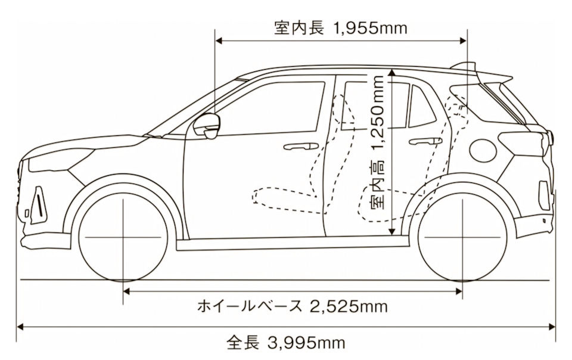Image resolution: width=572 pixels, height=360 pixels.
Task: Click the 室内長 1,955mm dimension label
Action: point(341,28)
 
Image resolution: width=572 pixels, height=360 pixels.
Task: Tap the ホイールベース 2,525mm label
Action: point(292,306)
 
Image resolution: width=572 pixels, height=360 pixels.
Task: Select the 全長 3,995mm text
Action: point(285,343)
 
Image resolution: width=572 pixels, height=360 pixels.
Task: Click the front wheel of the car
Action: point(123,237)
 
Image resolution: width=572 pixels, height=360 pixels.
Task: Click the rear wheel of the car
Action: point(462,237)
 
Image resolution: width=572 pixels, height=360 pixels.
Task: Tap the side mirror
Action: point(208,126)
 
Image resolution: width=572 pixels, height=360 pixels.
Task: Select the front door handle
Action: point(300,146)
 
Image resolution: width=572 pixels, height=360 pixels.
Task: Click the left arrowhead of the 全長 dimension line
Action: point(20,326)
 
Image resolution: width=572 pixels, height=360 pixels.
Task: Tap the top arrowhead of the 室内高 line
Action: point(391,72)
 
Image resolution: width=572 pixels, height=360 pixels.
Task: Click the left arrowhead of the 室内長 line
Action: point(219,41)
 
